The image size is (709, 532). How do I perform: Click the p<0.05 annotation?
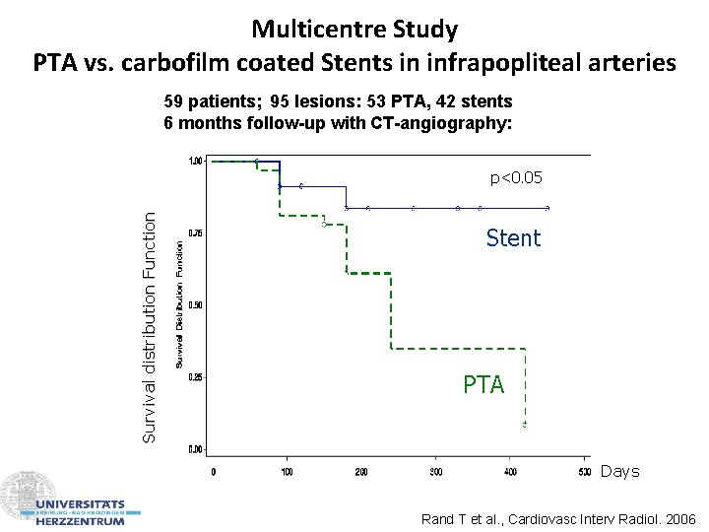click(516, 178)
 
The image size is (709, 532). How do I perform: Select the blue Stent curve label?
click(513, 238)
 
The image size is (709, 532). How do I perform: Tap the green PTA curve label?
click(483, 384)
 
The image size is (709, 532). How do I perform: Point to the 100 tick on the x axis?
click(287, 472)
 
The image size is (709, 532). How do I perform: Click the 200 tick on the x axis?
click(361, 472)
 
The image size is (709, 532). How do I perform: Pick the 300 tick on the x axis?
click(435, 472)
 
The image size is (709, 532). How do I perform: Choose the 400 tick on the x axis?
click(509, 472)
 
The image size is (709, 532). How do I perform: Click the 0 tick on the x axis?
click(214, 472)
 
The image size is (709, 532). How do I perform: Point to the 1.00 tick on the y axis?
click(195, 161)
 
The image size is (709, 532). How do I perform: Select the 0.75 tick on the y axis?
click(195, 233)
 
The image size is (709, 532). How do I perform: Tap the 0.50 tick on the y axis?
click(195, 305)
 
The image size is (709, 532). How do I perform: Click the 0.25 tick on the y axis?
click(195, 377)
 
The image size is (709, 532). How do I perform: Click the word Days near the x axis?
click(619, 472)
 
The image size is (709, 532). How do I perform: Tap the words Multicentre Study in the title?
click(354, 29)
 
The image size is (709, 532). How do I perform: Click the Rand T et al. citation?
click(557, 519)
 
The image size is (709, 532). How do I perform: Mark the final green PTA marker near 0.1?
click(525, 424)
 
